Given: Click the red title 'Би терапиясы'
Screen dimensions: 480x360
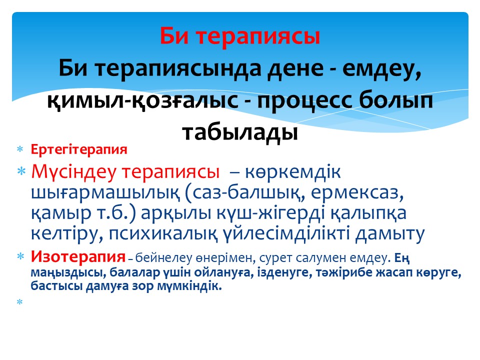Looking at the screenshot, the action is pyautogui.click(x=239, y=36).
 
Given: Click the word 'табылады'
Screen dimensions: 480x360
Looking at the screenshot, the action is pyautogui.click(x=240, y=133).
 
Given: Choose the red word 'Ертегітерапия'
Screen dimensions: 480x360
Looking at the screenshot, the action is pyautogui.click(x=79, y=149).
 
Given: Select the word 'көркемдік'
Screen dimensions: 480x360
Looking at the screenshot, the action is pyautogui.click(x=292, y=171).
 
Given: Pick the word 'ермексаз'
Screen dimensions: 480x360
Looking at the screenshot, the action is pyautogui.click(x=357, y=193).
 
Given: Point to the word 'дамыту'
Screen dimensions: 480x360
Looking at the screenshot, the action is pyautogui.click(x=389, y=234).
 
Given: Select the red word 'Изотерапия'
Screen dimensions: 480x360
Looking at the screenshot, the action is pyautogui.click(x=78, y=256).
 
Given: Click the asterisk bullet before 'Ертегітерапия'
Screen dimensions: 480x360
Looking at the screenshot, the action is pyautogui.click(x=20, y=149).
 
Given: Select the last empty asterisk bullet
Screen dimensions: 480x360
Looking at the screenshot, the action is pyautogui.click(x=20, y=302).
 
